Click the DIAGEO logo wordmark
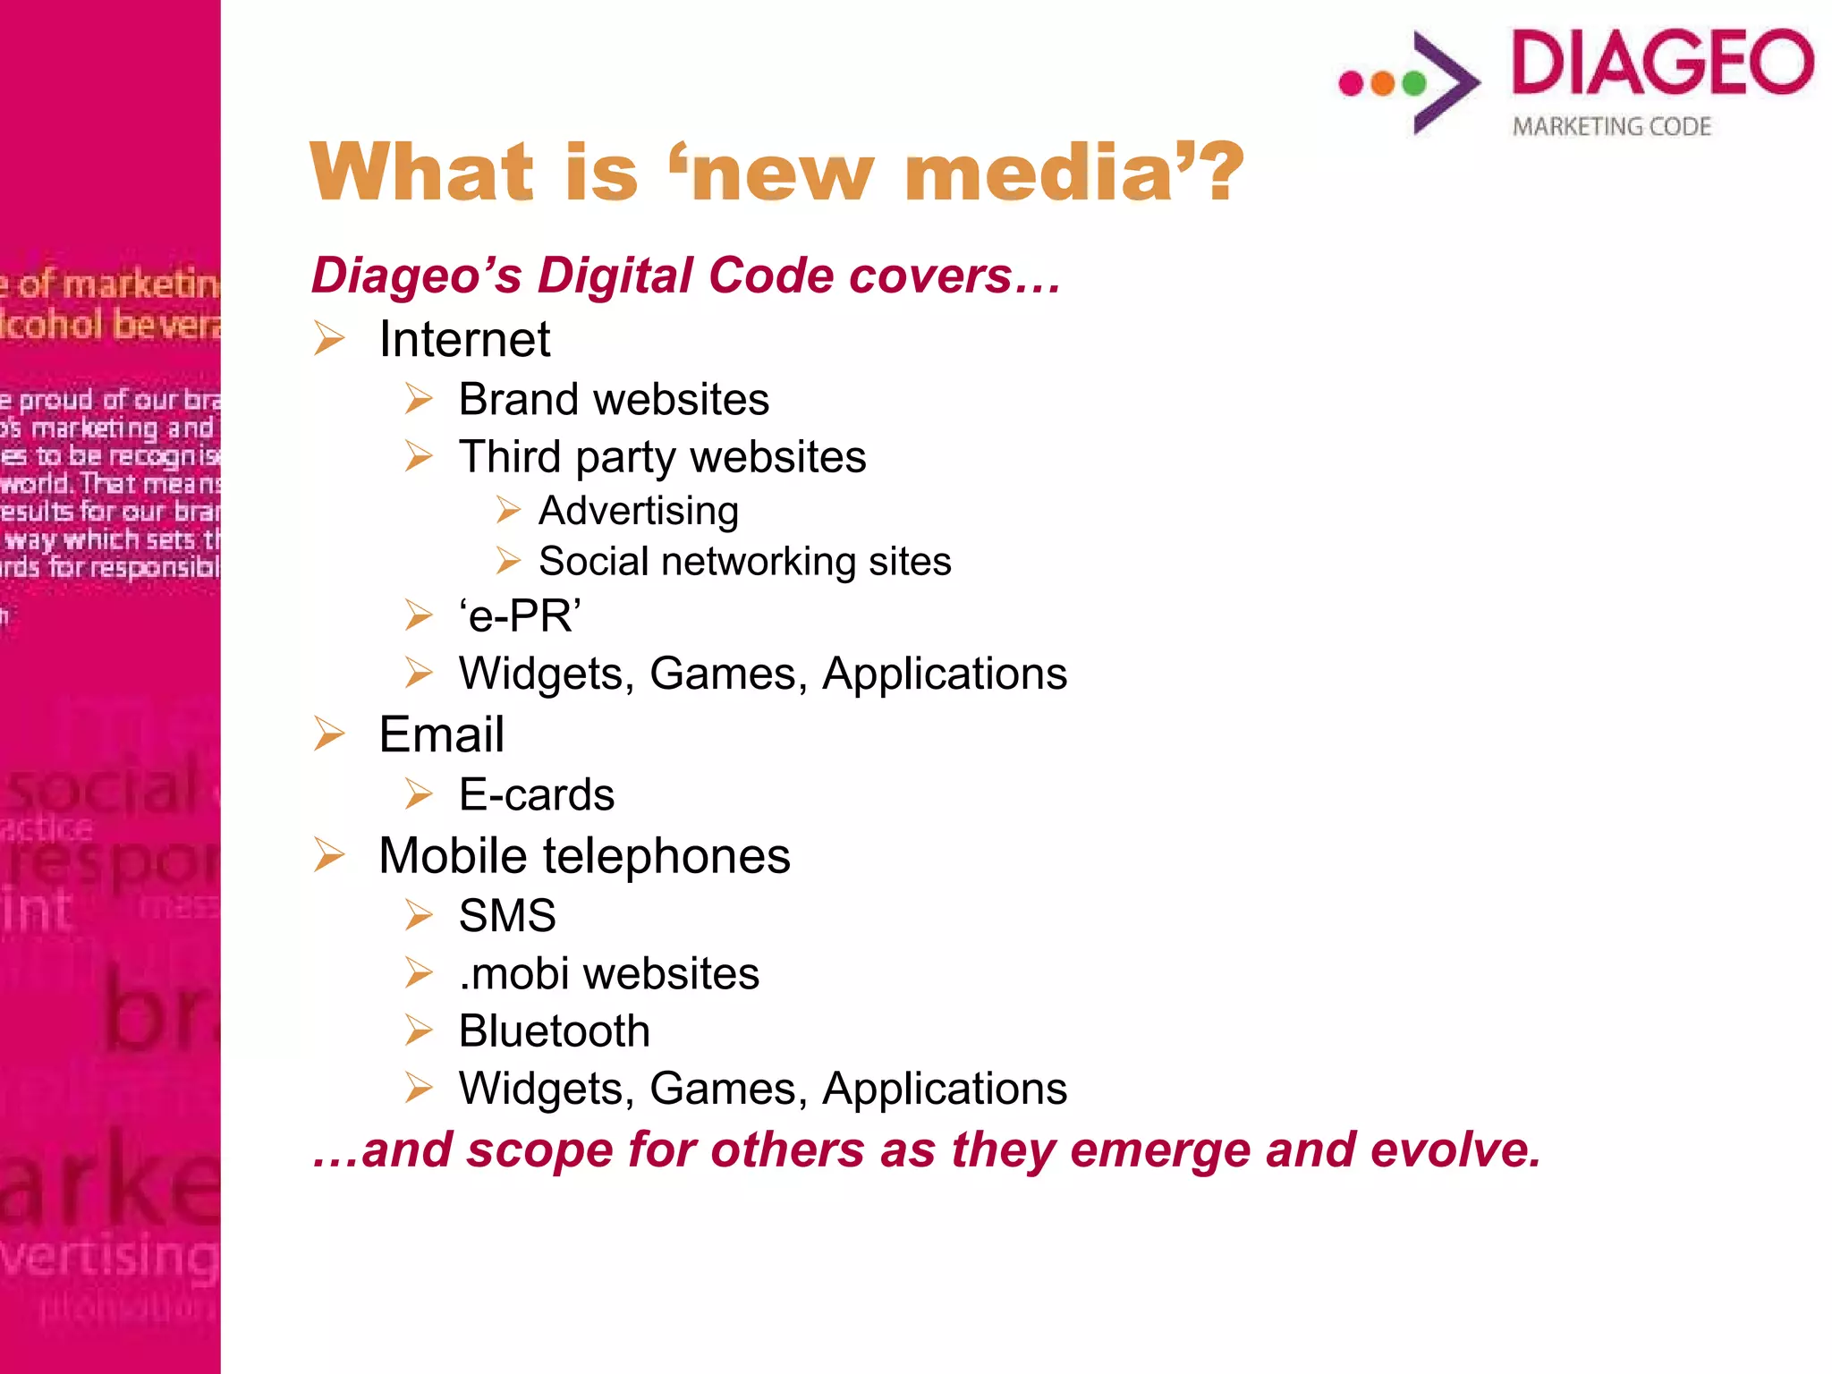click(1662, 63)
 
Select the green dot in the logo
click(1414, 83)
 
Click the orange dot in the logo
click(1383, 83)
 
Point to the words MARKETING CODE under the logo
click(1612, 127)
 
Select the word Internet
click(464, 339)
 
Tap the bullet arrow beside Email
click(329, 734)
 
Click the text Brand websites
click(614, 399)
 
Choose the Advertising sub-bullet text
click(639, 511)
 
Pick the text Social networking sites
click(745, 562)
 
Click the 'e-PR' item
click(520, 616)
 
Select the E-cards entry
click(537, 794)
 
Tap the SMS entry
click(507, 915)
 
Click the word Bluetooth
click(554, 1030)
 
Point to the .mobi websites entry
click(608, 973)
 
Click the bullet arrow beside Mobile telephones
click(329, 855)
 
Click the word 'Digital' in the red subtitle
click(627, 276)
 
